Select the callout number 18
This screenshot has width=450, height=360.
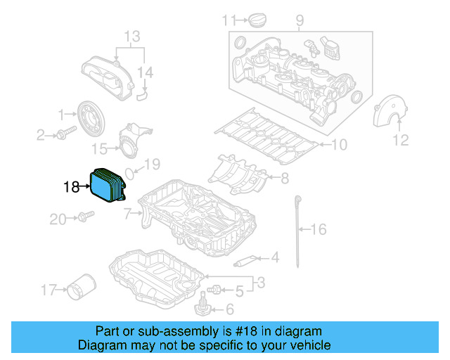point(72,187)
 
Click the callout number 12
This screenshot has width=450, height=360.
point(400,141)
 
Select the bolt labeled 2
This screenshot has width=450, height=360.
point(69,133)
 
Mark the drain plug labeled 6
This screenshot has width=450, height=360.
point(202,307)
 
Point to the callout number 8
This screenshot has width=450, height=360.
point(284,179)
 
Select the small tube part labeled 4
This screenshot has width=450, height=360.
point(243,262)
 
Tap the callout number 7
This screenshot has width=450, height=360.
point(127,212)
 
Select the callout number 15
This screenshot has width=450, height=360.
point(101,148)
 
